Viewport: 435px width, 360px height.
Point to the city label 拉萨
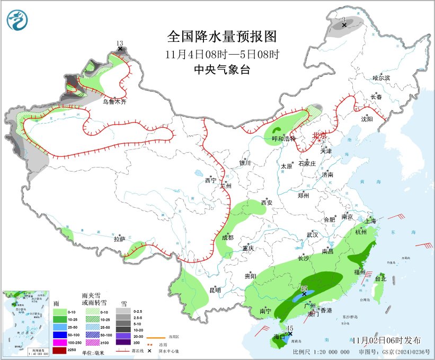point(119,239)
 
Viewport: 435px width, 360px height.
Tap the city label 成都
point(228,238)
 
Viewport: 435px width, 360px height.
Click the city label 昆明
point(215,289)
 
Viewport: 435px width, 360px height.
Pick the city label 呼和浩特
point(281,138)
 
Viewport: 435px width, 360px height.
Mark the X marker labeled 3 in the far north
point(344,25)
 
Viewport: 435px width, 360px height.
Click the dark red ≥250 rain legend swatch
point(60,350)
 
